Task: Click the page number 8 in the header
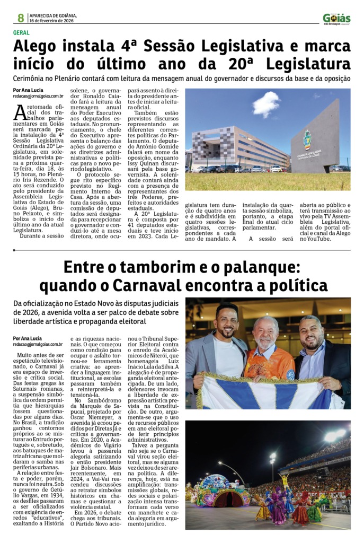tap(20, 18)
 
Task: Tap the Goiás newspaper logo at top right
tap(336, 19)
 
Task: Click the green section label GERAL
tap(22, 33)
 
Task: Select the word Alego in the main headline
tap(41, 48)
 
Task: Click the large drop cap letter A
tap(21, 112)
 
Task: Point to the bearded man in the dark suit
tap(313, 347)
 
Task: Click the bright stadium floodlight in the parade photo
tap(334, 436)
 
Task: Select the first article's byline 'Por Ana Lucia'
tap(29, 90)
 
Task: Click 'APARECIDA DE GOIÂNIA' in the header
tap(54, 15)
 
